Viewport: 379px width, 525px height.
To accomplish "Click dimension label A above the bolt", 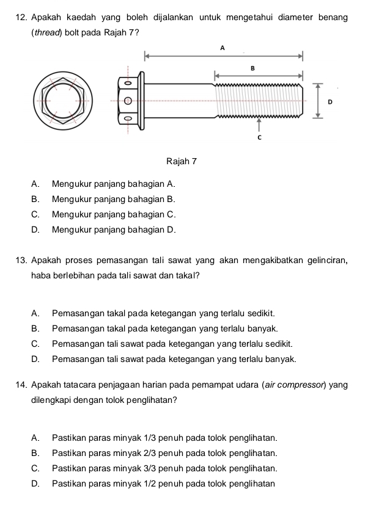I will pyautogui.click(x=222, y=48).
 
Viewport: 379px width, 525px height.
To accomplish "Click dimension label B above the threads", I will pyautogui.click(x=252, y=68).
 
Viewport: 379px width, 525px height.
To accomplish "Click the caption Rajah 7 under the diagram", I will pyautogui.click(x=181, y=162).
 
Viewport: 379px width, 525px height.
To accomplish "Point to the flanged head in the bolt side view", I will pyautogui.click(x=131, y=100).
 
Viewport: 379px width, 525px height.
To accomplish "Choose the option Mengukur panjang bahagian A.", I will pyautogui.click(x=114, y=183).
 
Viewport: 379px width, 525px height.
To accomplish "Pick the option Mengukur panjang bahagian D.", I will pyautogui.click(x=114, y=230).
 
